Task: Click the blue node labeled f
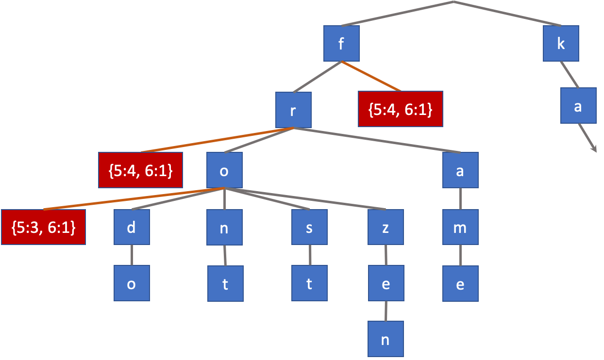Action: point(342,44)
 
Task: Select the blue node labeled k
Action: point(561,44)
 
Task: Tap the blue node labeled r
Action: point(293,110)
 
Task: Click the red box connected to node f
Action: point(401,109)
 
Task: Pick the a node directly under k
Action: point(578,105)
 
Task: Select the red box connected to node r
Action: point(140,170)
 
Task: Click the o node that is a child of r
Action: point(224,170)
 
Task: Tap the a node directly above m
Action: point(460,170)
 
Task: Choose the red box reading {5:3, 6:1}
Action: point(43,227)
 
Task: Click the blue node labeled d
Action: point(132,227)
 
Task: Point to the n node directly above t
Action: point(224,227)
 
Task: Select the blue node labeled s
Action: point(309,227)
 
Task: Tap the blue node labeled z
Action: point(386,227)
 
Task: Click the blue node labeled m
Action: point(460,227)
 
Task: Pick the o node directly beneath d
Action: point(132,283)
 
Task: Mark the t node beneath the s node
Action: point(309,283)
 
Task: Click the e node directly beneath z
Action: point(386,283)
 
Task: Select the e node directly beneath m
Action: point(460,283)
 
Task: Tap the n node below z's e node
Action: point(386,339)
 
